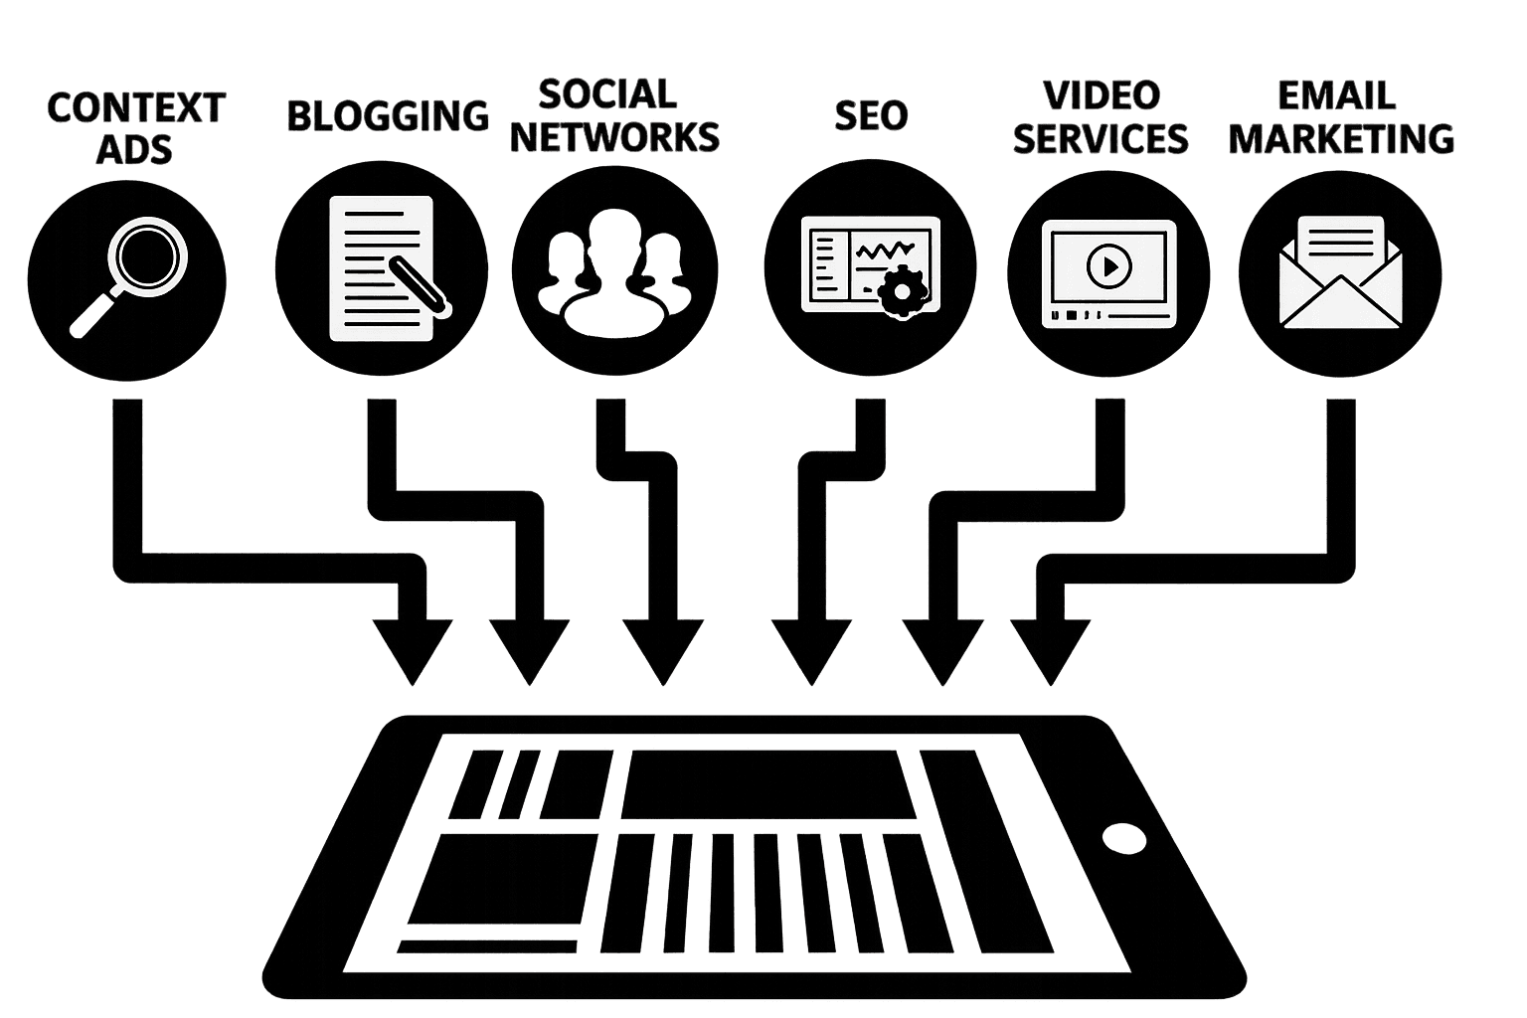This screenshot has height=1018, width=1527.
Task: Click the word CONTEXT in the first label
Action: pos(136,107)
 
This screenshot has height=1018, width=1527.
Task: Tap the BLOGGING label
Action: pos(388,116)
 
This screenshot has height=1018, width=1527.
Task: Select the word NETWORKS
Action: pos(614,137)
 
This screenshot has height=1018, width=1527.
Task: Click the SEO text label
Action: pos(871,115)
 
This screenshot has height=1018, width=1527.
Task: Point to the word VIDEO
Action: pos(1102,96)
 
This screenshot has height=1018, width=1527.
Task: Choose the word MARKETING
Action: pos(1341,138)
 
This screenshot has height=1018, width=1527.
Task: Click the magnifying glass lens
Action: pos(147,257)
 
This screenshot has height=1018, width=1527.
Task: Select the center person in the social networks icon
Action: pos(614,272)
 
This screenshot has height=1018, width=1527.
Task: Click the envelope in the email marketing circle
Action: pos(1340,272)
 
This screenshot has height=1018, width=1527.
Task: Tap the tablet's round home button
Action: pos(1124,838)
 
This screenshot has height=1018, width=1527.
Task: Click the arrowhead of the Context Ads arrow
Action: pos(413,651)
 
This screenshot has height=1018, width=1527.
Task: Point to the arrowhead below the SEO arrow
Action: pos(811,651)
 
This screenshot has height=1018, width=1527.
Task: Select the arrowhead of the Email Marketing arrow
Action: pos(1051,651)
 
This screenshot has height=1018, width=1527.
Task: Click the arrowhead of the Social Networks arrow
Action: pos(663,651)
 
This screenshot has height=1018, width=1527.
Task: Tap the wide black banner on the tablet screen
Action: pos(768,784)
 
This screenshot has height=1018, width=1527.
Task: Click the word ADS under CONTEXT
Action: pos(134,149)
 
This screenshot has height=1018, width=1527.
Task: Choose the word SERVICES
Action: pos(1101,138)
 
